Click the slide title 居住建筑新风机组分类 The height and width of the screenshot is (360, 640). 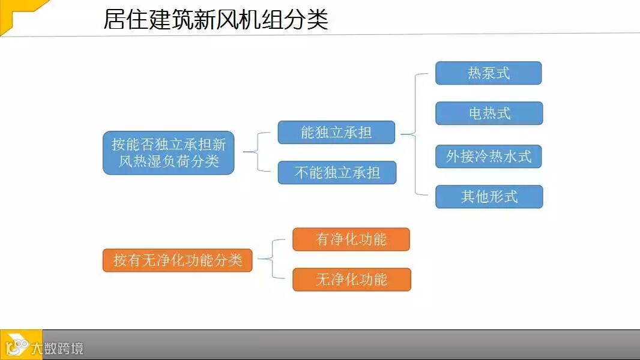point(216,19)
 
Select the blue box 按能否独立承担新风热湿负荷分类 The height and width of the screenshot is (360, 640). point(168,153)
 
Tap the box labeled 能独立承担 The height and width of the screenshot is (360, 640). point(336,133)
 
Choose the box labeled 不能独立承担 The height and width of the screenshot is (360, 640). point(337,173)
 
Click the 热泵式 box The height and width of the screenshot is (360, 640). point(488,73)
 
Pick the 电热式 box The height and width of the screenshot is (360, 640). point(489,113)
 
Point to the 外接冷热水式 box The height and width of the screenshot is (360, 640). point(489,157)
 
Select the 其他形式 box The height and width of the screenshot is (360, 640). point(489,197)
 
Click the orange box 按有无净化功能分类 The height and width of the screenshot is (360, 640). point(177,260)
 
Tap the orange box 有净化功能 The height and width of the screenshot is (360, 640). point(351,239)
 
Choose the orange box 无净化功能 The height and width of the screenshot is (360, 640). point(351,280)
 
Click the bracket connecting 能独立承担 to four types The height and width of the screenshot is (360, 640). point(415,134)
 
